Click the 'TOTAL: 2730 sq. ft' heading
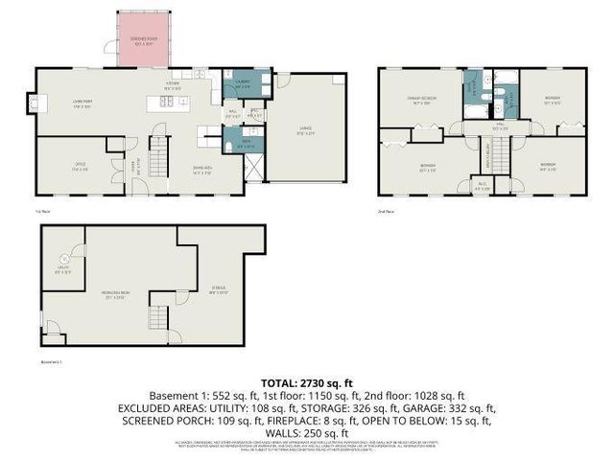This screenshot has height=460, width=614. [x=307, y=381]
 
